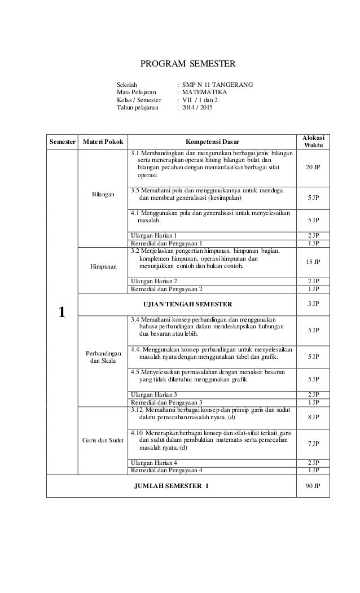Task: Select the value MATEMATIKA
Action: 205,92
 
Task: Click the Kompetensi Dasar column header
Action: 212,141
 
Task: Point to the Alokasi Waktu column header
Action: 313,141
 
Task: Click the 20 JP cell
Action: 313,168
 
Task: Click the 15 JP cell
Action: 313,262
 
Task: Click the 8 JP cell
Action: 313,418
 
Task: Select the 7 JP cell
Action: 313,444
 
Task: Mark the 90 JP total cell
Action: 313,485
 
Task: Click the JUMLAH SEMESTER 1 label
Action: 170,485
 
